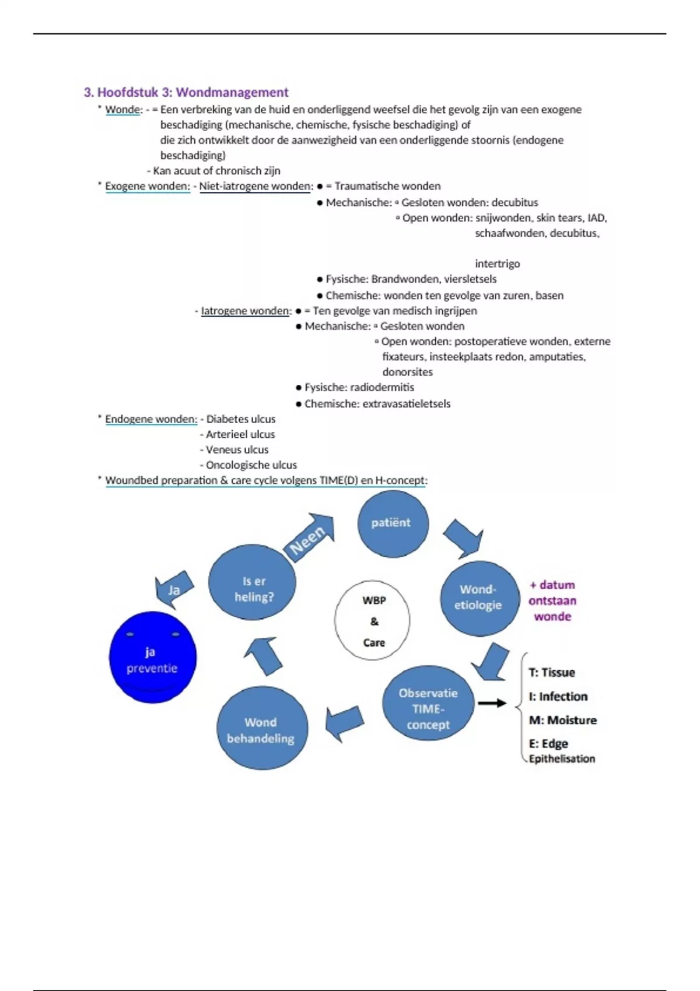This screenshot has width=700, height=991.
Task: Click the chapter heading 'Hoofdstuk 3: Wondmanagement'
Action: pos(192,92)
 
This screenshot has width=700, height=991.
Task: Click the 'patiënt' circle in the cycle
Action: pos(393,523)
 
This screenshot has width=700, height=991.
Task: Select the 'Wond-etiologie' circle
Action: pos(480,598)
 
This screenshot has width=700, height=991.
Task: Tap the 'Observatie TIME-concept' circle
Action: pos(428,704)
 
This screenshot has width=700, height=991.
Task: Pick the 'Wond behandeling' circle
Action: pos(261,728)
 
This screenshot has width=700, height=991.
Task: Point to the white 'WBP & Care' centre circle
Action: pos(373,621)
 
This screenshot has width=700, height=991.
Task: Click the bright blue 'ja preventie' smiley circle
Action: pos(153,658)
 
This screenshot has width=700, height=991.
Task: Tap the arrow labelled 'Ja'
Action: pos(173,589)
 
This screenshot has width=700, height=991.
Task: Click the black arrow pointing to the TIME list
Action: pos(492,703)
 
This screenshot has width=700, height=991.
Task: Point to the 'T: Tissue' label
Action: pos(552,673)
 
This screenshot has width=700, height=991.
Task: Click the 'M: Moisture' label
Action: pos(562,720)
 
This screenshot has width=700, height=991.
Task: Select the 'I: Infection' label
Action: pos(558,697)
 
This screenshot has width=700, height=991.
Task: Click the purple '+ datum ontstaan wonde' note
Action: pos(552,600)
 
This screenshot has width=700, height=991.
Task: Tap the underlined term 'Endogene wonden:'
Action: pos(151,419)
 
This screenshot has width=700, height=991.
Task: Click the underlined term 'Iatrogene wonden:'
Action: pos(246,311)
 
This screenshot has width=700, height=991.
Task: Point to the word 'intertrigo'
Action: pos(497,264)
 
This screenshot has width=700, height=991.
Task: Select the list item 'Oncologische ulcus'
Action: pos(251,465)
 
